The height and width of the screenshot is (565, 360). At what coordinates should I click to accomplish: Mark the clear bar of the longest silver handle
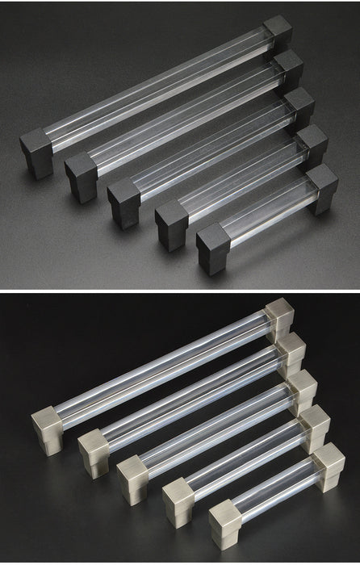(161, 372)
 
